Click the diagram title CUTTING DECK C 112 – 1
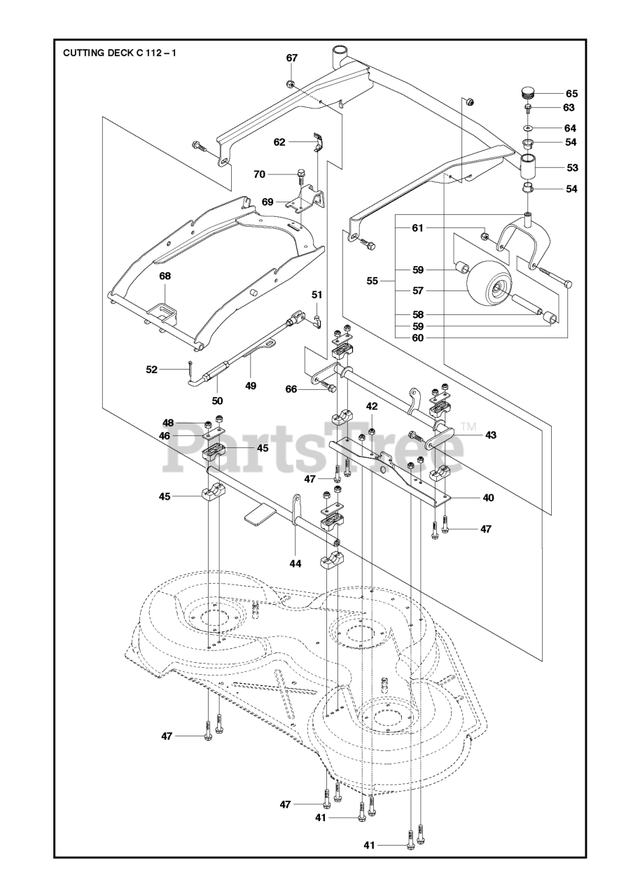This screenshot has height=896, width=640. click(119, 52)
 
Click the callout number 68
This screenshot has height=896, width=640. click(165, 276)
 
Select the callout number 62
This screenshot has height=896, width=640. click(279, 141)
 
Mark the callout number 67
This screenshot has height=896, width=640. click(292, 58)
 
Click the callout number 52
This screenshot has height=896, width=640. click(152, 369)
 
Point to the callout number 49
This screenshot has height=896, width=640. click(250, 385)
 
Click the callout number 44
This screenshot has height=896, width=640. click(295, 563)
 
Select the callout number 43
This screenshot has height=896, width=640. click(490, 435)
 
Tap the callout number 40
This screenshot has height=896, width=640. click(487, 498)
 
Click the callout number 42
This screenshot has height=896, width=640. click(372, 405)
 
